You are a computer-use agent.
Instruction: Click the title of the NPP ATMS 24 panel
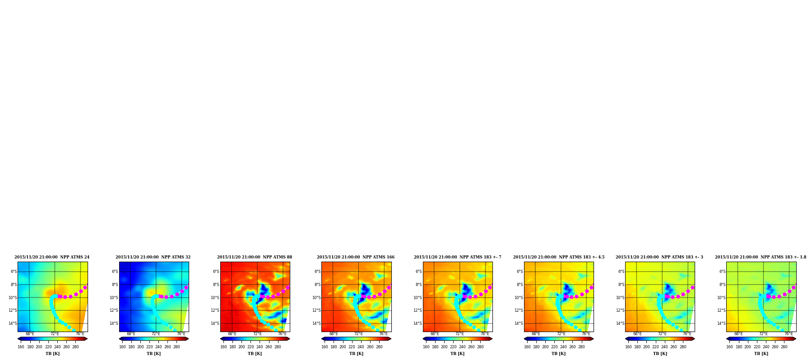[52, 257]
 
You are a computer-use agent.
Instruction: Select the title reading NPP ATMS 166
[356, 257]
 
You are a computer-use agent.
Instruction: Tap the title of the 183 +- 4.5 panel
[559, 257]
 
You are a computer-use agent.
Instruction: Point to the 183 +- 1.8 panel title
[761, 257]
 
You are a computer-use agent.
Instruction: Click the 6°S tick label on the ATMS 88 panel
[216, 272]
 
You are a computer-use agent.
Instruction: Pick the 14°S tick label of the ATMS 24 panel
[13, 323]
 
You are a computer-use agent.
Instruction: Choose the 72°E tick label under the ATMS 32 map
[156, 334]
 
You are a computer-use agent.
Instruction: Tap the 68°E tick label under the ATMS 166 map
[334, 334]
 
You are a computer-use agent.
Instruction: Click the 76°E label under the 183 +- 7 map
[485, 334]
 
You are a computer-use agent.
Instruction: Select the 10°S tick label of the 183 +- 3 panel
[620, 298]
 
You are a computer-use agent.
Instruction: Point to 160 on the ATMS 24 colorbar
[21, 347]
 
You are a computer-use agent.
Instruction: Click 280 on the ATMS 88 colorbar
[278, 347]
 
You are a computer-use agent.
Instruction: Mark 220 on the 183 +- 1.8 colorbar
[757, 347]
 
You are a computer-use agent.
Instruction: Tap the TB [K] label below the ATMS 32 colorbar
[153, 354]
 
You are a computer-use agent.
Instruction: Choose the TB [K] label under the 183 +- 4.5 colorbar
[558, 354]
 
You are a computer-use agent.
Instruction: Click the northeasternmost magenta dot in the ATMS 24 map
[85, 287]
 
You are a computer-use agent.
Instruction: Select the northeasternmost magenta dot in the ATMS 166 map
[389, 287]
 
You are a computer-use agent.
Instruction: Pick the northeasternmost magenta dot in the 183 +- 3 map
[692, 287]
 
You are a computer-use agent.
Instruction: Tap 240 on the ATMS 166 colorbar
[361, 347]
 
